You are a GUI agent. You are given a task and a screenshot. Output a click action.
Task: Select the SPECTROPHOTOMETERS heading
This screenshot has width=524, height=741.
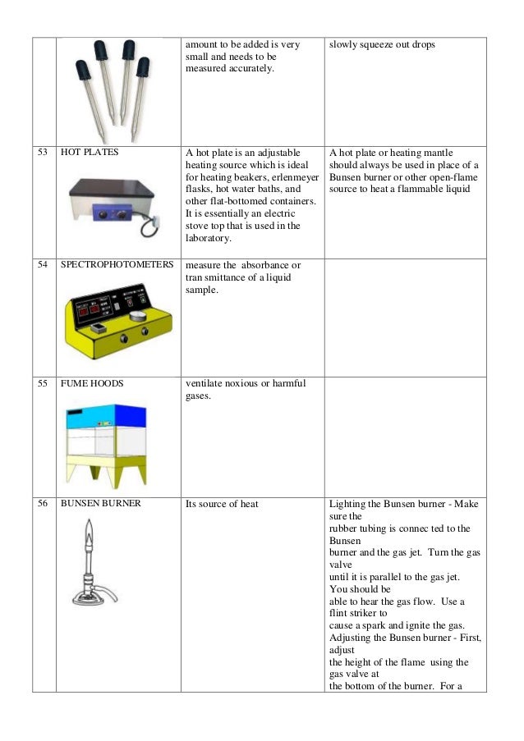pos(117,266)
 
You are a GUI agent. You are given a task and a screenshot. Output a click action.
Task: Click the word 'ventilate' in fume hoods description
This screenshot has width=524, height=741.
pos(206,383)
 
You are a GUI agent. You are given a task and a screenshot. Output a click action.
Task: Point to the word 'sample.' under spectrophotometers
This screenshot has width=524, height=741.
pos(203,290)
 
